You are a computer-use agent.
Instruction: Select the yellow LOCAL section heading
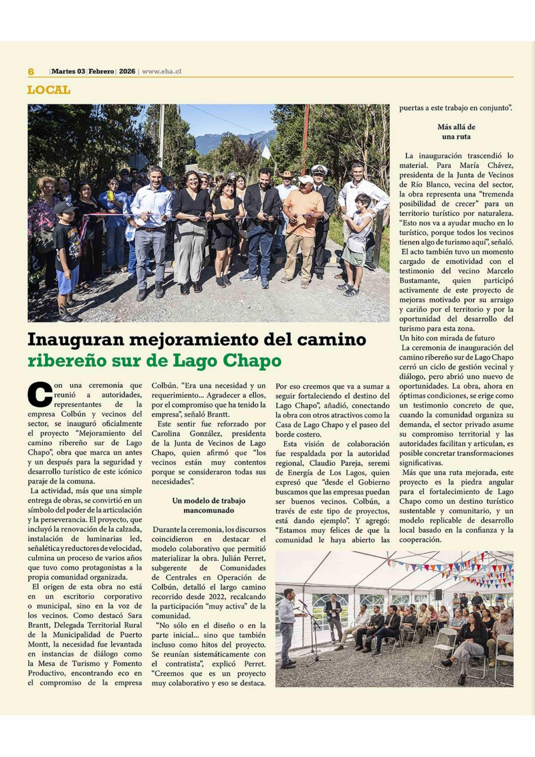point(49,90)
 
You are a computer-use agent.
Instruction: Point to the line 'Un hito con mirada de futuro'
point(447,338)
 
